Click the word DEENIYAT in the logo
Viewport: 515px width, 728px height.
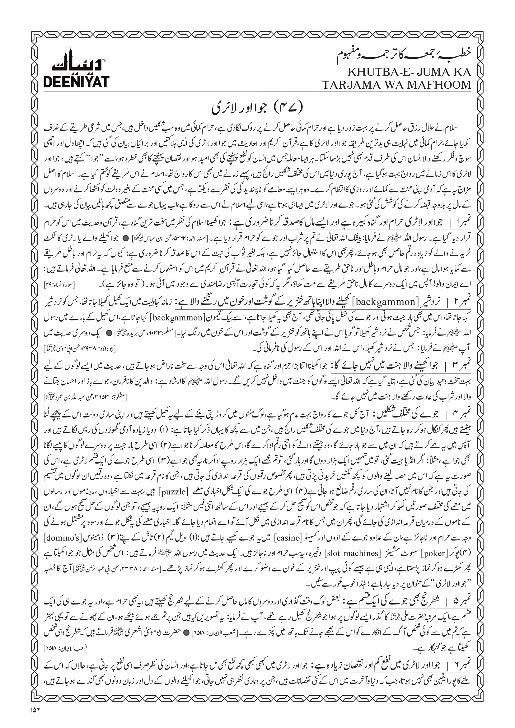[x=76, y=82]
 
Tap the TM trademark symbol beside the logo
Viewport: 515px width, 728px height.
[x=105, y=60]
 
